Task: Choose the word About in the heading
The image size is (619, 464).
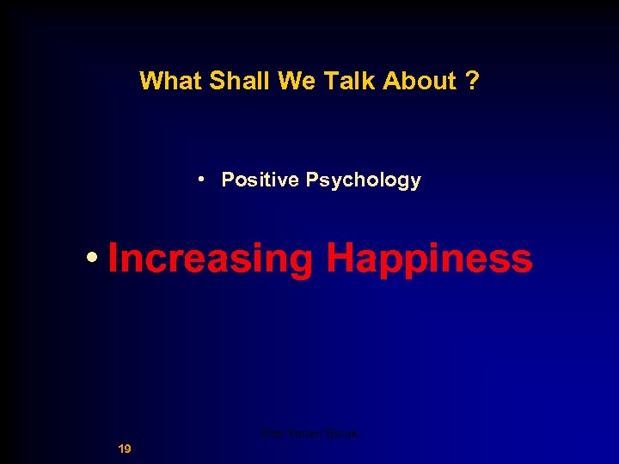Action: (420, 81)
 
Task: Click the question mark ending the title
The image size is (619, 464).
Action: (472, 81)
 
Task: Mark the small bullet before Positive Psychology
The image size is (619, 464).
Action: (199, 180)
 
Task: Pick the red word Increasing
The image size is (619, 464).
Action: (210, 259)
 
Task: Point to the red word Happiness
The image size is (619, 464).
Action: (429, 259)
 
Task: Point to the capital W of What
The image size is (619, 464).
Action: (150, 81)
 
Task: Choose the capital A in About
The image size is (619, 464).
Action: (391, 81)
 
